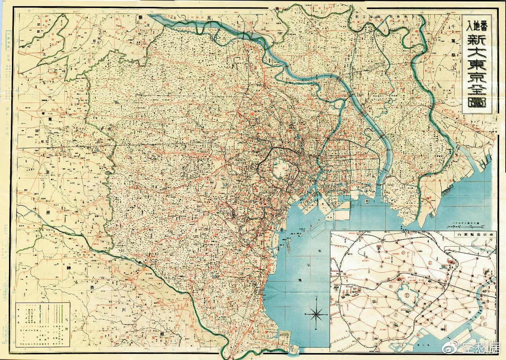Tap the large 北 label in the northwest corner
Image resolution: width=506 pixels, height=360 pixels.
(x=46, y=55)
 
